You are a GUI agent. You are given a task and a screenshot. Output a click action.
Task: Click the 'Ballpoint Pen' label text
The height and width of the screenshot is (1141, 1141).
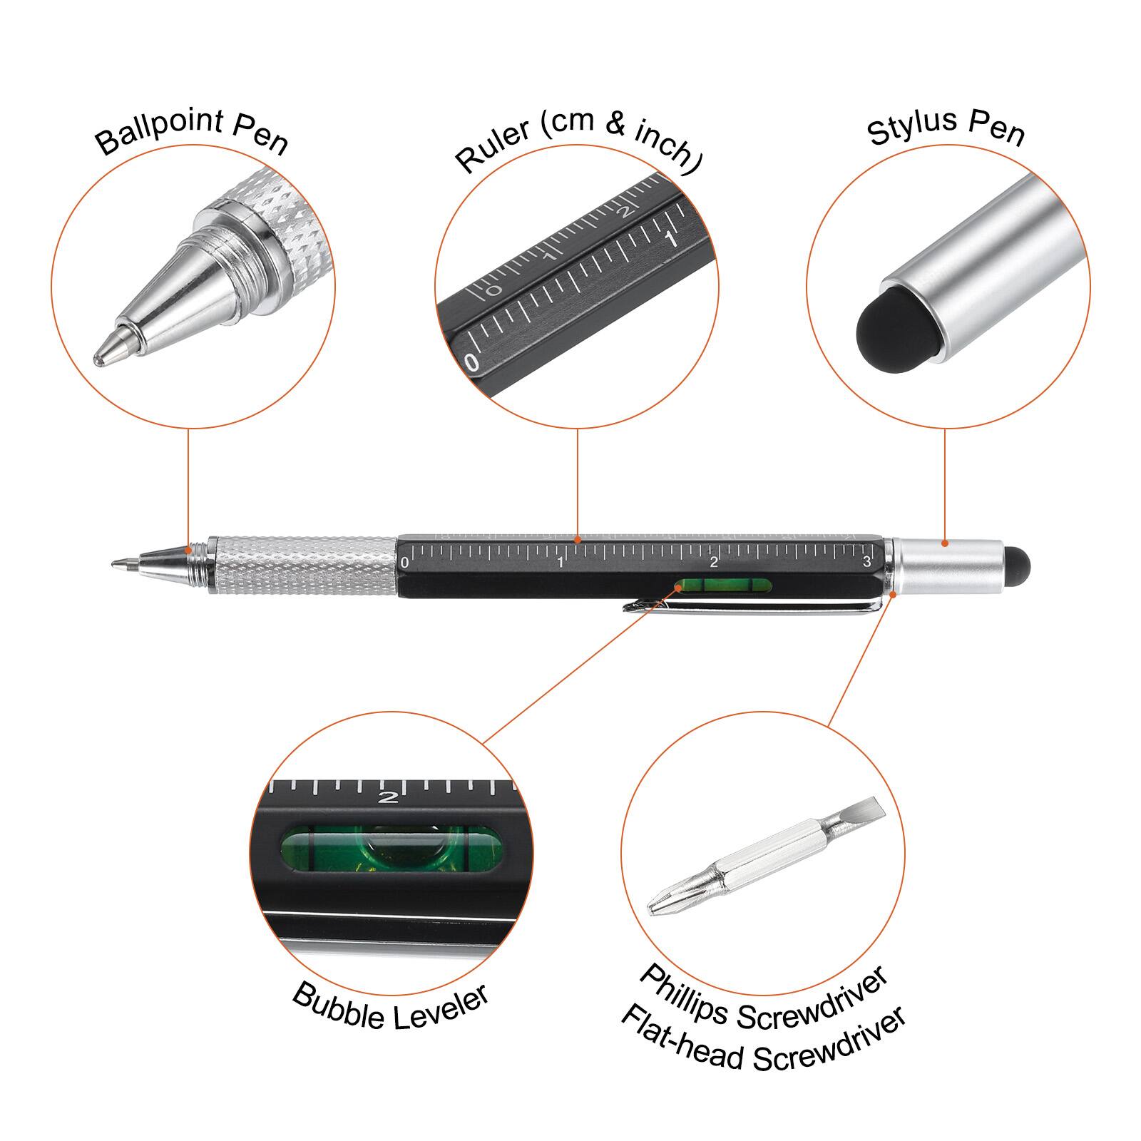click(191, 133)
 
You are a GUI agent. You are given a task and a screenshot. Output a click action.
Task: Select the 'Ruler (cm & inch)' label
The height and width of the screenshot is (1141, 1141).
click(578, 140)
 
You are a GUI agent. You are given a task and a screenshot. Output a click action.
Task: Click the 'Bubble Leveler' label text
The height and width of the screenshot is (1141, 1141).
click(391, 1007)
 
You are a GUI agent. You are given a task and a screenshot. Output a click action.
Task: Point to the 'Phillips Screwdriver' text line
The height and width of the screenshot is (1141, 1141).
click(763, 998)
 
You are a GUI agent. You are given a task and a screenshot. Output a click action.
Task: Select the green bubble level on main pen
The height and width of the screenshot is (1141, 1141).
click(724, 586)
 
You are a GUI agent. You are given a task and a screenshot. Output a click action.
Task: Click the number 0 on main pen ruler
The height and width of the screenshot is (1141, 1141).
click(405, 563)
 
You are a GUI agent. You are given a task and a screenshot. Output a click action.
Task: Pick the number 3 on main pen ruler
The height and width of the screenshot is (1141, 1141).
click(866, 562)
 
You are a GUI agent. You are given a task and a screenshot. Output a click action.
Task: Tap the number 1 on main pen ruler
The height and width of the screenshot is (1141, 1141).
click(561, 563)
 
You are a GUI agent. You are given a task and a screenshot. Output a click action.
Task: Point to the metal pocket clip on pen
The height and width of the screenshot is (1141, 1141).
click(756, 606)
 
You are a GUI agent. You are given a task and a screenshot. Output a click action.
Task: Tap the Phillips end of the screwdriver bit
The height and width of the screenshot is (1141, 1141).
click(660, 906)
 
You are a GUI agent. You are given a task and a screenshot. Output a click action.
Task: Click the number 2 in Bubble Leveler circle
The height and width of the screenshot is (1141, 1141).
click(389, 797)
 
